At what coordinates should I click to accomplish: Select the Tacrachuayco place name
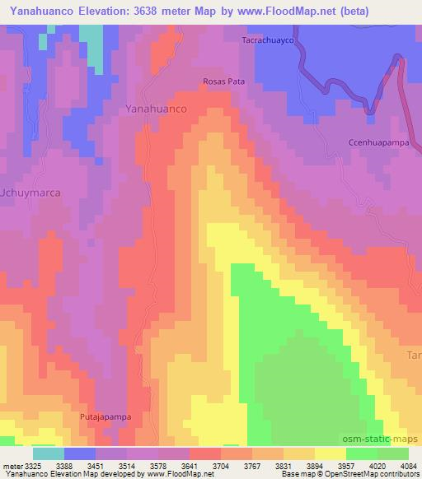tap(268, 40)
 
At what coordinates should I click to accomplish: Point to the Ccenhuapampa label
tap(373, 142)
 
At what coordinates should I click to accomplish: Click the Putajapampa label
tap(104, 417)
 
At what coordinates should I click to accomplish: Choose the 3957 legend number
tap(337, 465)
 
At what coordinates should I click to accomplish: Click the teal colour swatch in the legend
tap(49, 453)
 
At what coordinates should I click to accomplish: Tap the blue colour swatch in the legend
tap(80, 453)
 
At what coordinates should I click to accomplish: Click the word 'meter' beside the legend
tap(11, 465)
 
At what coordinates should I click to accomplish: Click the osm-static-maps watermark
tap(388, 439)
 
